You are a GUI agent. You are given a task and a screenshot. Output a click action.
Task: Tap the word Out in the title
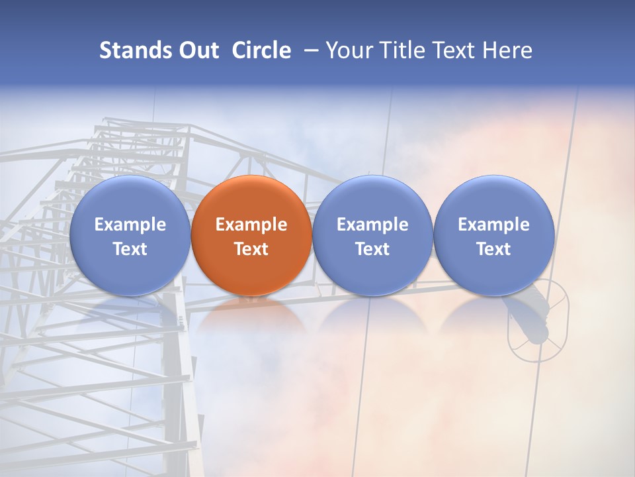pos(197,50)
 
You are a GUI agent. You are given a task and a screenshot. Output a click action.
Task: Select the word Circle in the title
pos(261,50)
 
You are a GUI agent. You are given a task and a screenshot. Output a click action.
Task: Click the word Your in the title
pos(347,50)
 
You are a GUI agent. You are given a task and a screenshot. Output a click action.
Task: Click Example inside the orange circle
pos(251,225)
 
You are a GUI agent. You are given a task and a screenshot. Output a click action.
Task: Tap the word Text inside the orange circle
pos(251,249)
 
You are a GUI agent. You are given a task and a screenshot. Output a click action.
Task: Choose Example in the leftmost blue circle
pos(130,225)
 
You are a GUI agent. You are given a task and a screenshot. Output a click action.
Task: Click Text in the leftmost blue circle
pos(130,249)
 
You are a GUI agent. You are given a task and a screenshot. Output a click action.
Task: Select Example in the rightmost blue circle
pos(493,225)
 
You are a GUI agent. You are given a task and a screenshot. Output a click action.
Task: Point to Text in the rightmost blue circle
pos(493,249)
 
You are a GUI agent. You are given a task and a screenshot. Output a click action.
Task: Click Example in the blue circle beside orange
pos(372,225)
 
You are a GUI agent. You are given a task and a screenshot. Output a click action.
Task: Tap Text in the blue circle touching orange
pos(372,249)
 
